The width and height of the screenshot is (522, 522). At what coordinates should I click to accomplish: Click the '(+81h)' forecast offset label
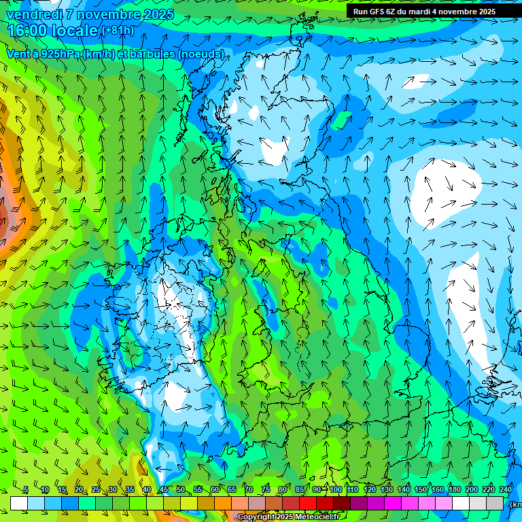[x=118, y=31]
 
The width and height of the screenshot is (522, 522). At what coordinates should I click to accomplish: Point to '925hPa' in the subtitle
[x=59, y=54]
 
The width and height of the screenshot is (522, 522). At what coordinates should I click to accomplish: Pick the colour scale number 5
[x=25, y=490]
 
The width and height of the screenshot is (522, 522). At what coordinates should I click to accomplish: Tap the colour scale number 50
[x=181, y=490]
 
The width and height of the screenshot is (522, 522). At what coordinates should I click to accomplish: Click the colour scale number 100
[x=336, y=490]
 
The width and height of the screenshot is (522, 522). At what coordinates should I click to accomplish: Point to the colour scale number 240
[x=506, y=490]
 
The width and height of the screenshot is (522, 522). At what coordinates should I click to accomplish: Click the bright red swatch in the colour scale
[x=308, y=503]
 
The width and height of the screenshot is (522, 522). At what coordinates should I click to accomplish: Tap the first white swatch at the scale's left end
[x=19, y=503]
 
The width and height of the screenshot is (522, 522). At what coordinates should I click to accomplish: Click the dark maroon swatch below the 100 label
[x=342, y=503]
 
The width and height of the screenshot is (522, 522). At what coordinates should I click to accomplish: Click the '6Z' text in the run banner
[x=391, y=12]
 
